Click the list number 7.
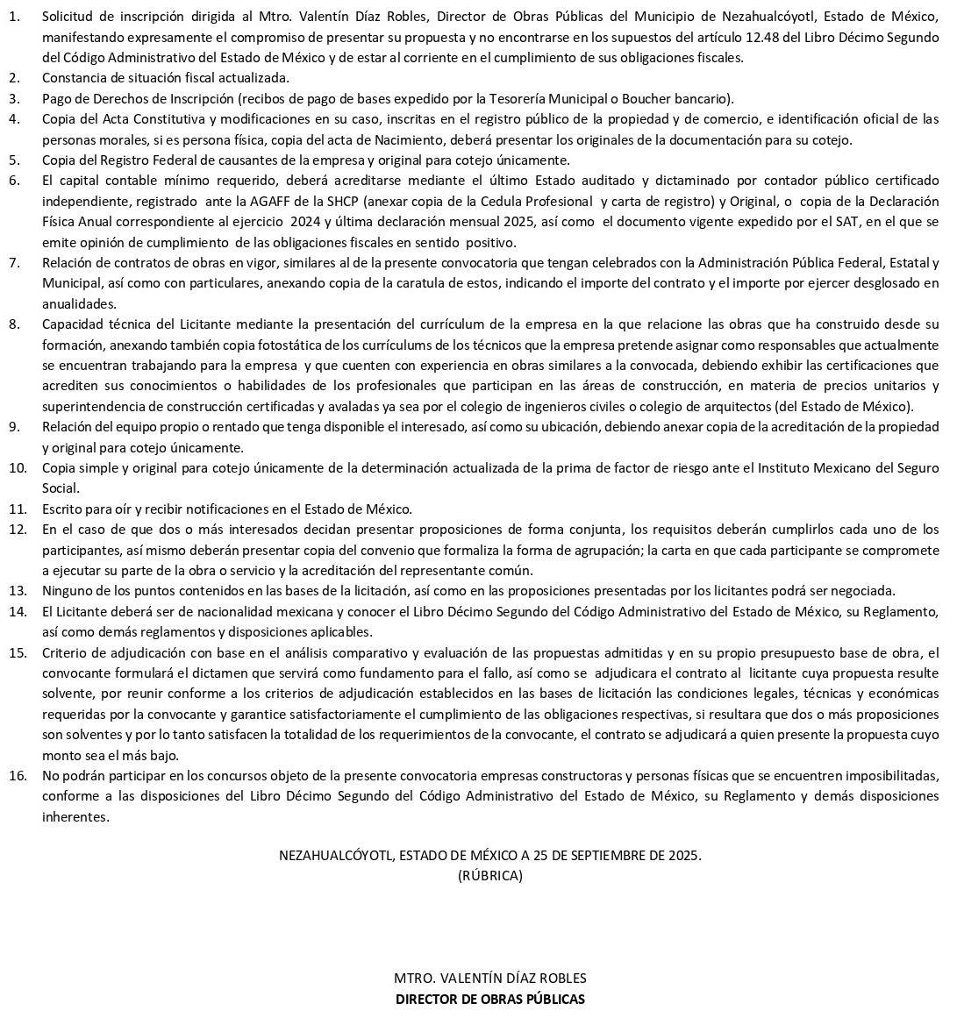tap(14, 263)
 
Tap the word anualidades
tap(79, 303)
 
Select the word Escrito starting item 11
tap(62, 509)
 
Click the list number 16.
tap(17, 775)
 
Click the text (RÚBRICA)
tap(489, 875)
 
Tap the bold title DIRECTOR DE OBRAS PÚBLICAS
tap(489, 999)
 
